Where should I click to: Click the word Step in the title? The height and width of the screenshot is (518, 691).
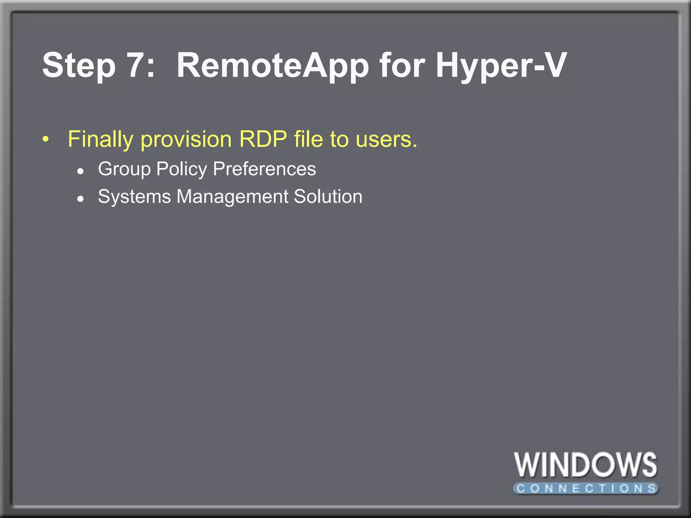coord(79,66)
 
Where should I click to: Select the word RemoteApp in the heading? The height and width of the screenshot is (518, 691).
coord(273,66)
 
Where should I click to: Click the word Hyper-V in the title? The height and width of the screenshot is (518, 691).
coord(501,66)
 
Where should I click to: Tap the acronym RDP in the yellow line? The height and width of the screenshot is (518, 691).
coord(263,139)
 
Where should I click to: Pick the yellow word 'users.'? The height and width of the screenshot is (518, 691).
coord(387,140)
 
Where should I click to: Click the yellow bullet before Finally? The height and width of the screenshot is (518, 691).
coord(46,139)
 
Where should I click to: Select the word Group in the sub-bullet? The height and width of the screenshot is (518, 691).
coord(124,169)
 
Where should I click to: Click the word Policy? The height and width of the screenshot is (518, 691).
coord(182,169)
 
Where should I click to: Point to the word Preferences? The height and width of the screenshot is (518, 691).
coord(265,169)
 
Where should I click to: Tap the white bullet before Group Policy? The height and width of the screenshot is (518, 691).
coord(80,171)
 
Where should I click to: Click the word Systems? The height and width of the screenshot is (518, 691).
coord(134,197)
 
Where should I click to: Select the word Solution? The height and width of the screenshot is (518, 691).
coord(328,196)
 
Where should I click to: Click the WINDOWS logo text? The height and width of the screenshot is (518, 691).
coord(585,465)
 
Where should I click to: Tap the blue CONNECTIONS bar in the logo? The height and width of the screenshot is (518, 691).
coord(586,488)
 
